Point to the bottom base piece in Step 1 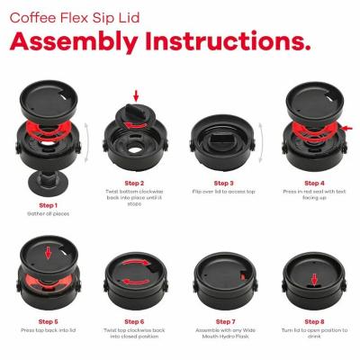49,183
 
